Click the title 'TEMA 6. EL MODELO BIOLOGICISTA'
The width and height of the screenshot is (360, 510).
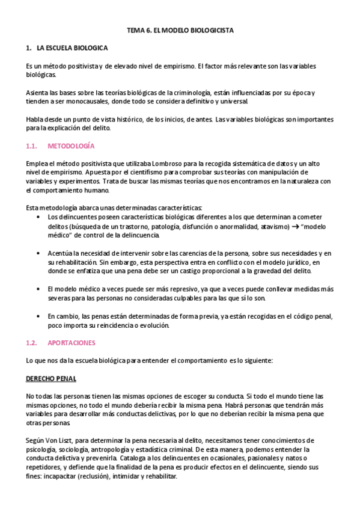[x=180, y=29]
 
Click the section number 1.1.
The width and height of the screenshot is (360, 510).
[x=32, y=146]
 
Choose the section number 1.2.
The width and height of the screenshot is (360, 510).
[x=32, y=343]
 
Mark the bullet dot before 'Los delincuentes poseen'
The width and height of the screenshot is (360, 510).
[x=39, y=217]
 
